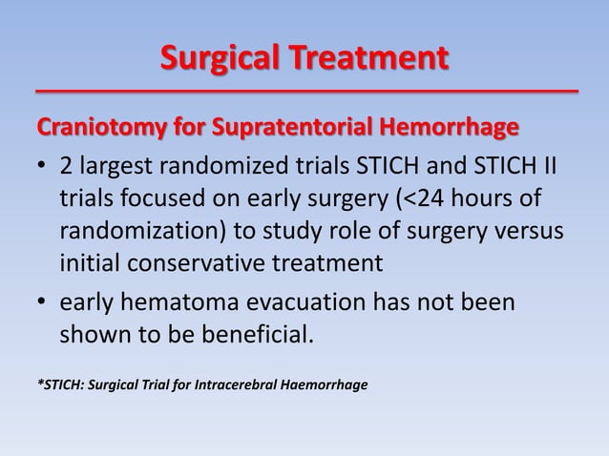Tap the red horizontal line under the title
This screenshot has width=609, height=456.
(304, 91)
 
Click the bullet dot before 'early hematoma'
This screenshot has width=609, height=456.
(42, 303)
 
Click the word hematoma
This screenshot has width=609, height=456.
(175, 302)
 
